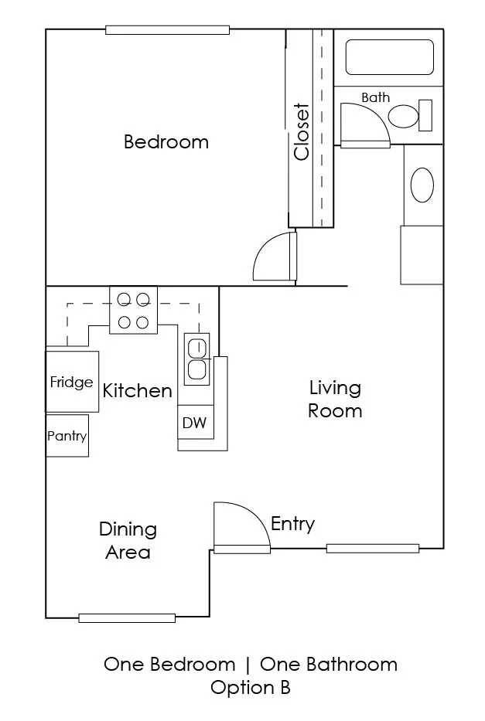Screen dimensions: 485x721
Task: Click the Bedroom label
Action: click(166, 141)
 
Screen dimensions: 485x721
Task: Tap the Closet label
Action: click(302, 131)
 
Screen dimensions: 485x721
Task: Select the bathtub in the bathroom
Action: click(389, 57)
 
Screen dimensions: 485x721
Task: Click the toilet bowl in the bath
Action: click(403, 117)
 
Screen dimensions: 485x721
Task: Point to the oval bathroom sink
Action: click(422, 185)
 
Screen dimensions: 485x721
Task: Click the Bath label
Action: click(375, 97)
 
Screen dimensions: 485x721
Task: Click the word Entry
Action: click(292, 524)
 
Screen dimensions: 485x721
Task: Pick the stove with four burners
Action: click(134, 311)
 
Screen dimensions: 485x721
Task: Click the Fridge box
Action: click(72, 382)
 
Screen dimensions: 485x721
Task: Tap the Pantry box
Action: click(67, 435)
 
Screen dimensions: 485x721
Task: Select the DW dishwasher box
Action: click(196, 422)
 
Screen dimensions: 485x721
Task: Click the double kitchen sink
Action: click(197, 359)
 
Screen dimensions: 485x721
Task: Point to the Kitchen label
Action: click(137, 391)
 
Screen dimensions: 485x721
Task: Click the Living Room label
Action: click(335, 399)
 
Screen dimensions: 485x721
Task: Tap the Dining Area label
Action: click(128, 540)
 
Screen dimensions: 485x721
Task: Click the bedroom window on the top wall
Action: click(168, 30)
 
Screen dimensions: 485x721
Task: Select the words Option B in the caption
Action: click(251, 688)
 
